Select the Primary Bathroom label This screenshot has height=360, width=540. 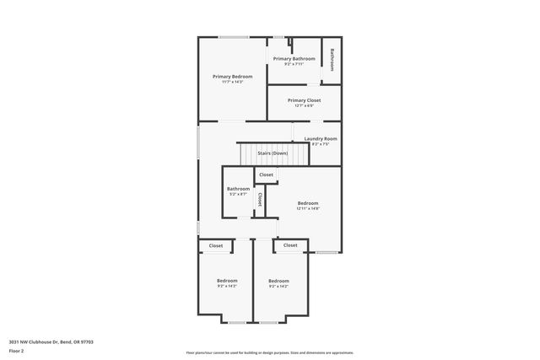tap(294, 58)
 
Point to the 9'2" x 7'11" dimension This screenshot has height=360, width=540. tap(294, 64)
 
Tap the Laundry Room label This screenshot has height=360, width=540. tap(321, 138)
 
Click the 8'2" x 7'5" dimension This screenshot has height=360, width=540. tap(321, 144)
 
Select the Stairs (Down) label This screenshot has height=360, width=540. tap(273, 153)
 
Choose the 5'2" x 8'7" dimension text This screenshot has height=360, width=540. tap(238, 195)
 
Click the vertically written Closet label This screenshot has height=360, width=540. tap(260, 200)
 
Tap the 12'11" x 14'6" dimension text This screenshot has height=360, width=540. tap(308, 208)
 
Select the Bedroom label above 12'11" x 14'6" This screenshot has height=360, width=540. tap(308, 202)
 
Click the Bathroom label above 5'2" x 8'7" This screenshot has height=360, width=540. tap(238, 189)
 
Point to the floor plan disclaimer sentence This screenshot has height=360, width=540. tap(269, 352)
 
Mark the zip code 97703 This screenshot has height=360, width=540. tap(85, 341)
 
